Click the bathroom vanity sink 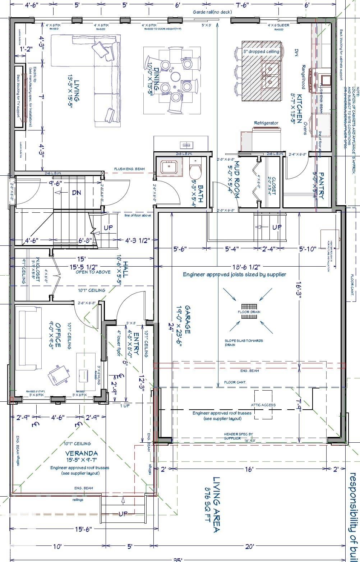[169, 167]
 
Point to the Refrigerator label [266, 123]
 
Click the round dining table [176, 76]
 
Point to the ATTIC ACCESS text [263, 405]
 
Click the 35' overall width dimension [177, 559]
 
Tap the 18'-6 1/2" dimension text [246, 267]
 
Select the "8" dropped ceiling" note [261, 51]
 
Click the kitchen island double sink [270, 75]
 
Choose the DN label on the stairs [76, 193]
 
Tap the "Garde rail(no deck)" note [212, 12]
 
